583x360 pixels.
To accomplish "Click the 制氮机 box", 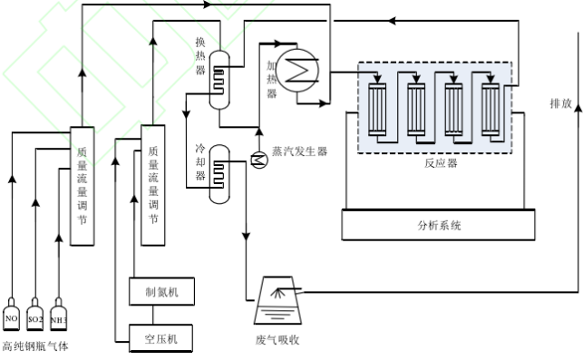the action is (x=161, y=292).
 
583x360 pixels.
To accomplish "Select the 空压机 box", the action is (x=161, y=338).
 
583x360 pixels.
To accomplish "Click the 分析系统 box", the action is (x=438, y=225).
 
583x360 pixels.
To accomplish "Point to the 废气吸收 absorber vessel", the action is (x=277, y=300).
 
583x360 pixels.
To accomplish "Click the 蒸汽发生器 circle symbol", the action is (x=258, y=161).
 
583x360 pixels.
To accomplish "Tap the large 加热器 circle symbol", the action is (x=297, y=71).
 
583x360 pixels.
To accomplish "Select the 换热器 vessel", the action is (x=219, y=80).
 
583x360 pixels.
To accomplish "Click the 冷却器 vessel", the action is (x=219, y=174).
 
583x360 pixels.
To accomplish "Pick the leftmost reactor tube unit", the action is (x=377, y=110).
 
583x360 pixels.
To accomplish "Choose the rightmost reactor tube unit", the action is (x=491, y=110).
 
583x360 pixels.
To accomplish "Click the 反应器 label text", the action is (x=441, y=163).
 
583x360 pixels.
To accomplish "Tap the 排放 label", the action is (x=560, y=103).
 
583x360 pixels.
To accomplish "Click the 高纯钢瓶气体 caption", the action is (x=35, y=346).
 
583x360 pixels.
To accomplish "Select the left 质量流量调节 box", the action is (x=83, y=186).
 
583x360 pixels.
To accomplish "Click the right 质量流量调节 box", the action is (x=153, y=185).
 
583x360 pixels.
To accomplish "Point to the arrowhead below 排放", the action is (x=578, y=107).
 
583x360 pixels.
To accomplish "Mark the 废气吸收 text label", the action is (x=277, y=339).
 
